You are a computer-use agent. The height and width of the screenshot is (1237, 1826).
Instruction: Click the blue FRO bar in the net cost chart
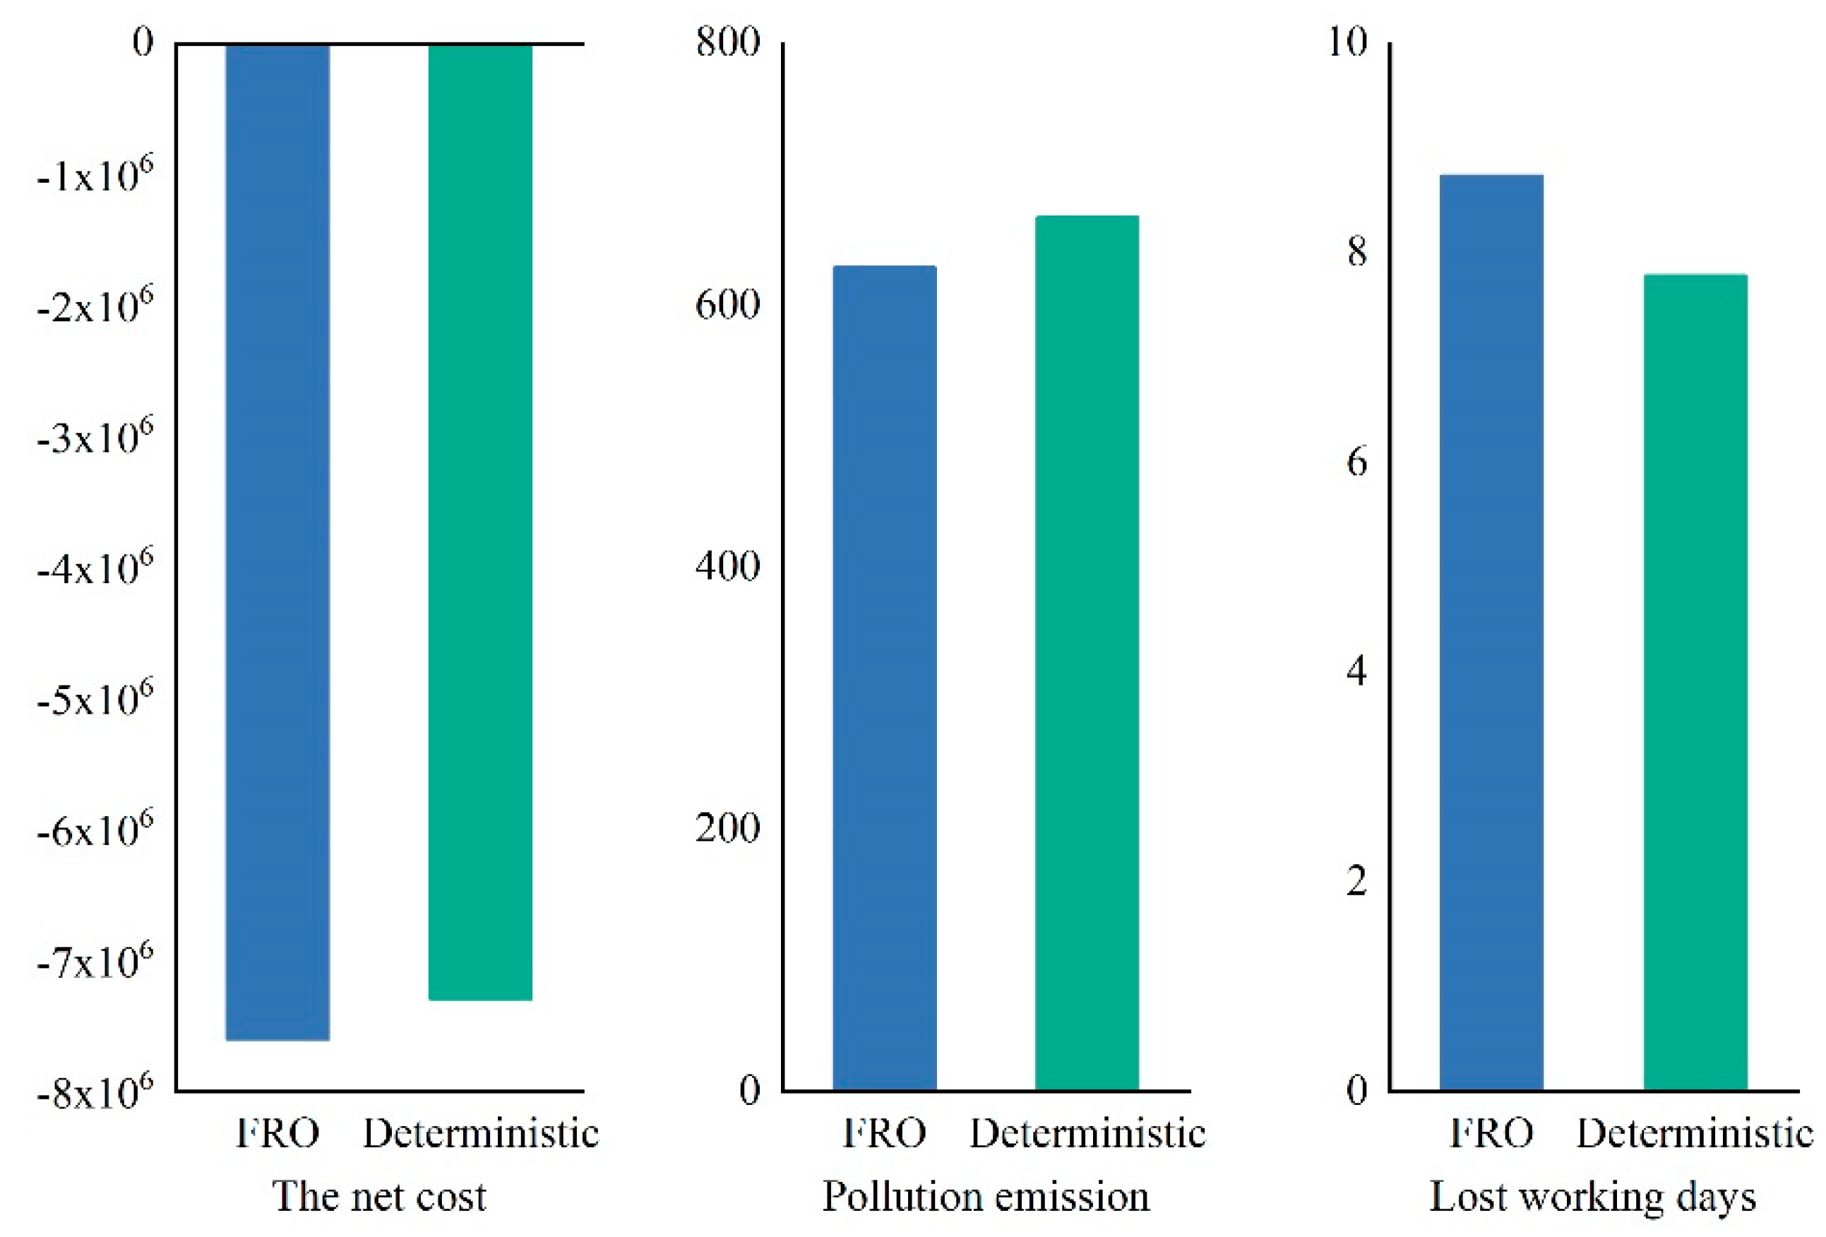tap(278, 542)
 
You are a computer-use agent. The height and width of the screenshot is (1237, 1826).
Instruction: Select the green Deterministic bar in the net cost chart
tap(480, 522)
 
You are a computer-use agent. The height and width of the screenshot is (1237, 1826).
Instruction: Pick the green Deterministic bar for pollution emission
tap(1087, 652)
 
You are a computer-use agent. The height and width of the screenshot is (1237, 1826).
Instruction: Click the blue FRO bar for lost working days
tap(1491, 632)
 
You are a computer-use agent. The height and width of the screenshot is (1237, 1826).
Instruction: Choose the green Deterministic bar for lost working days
tap(1695, 681)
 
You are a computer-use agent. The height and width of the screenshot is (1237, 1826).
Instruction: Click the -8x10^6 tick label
tap(95, 1091)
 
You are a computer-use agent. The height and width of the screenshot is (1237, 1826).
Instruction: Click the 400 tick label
tap(727, 566)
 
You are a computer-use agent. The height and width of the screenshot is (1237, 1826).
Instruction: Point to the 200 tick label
tap(727, 827)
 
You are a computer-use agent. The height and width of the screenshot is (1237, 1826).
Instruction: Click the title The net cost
tap(379, 1197)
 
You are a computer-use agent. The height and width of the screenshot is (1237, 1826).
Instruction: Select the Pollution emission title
tap(986, 1197)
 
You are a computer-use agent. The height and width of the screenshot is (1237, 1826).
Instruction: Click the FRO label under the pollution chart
tap(884, 1133)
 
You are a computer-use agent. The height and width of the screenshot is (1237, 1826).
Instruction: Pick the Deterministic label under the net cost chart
tap(480, 1133)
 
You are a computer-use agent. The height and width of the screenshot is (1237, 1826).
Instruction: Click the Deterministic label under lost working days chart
tap(1695, 1133)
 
